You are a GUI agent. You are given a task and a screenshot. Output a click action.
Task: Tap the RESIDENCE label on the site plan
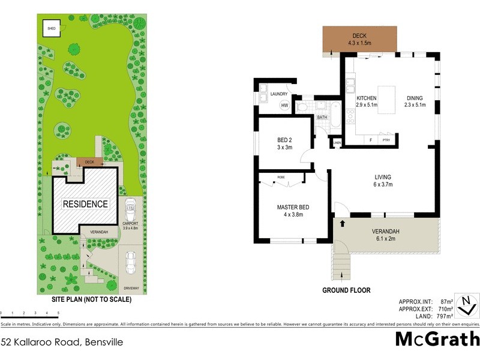[86, 204]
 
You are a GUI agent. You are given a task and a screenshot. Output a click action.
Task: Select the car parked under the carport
[130, 211]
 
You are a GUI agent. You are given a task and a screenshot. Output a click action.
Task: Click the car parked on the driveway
[131, 262]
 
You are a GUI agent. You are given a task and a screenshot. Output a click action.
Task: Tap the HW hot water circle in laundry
[284, 106]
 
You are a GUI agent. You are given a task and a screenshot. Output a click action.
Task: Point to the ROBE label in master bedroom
[281, 178]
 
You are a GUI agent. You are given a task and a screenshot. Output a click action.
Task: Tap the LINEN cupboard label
[337, 143]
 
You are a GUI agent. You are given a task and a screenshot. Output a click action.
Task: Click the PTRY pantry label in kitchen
[386, 140]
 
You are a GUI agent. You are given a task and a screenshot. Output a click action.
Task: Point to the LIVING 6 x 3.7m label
[383, 181]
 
